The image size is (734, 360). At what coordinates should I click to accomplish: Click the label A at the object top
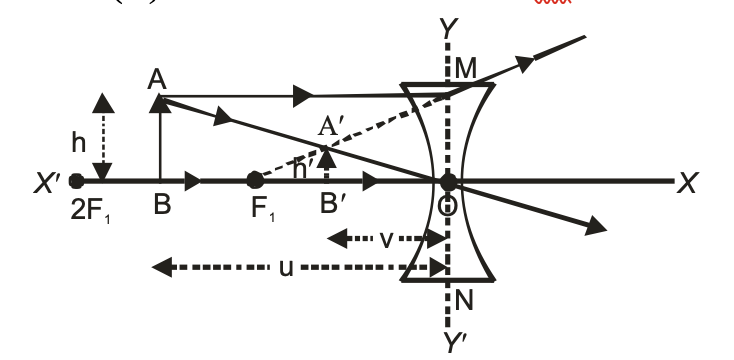click(156, 79)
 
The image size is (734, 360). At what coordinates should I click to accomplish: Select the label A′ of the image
click(330, 128)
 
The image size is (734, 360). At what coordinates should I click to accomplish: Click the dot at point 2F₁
click(77, 182)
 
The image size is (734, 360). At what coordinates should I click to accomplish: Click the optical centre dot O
click(448, 182)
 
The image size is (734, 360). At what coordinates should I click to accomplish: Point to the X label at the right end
click(687, 183)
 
